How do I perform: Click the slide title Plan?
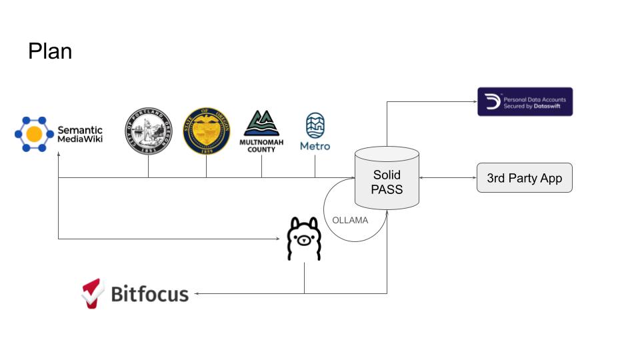pyautogui.click(x=50, y=51)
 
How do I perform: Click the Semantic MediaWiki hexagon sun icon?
pyautogui.click(x=34, y=133)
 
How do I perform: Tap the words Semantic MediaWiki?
pyautogui.click(x=80, y=135)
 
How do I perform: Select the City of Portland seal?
pyautogui.click(x=148, y=131)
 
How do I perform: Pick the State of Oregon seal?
pyautogui.click(x=206, y=131)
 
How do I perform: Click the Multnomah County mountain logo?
pyautogui.click(x=261, y=124)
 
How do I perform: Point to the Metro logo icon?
pyautogui.click(x=315, y=125)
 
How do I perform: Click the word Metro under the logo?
pyautogui.click(x=315, y=146)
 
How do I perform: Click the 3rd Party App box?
pyautogui.click(x=524, y=178)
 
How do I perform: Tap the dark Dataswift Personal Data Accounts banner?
pyautogui.click(x=525, y=102)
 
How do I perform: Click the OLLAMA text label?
pyautogui.click(x=350, y=220)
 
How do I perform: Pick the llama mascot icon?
pyautogui.click(x=304, y=239)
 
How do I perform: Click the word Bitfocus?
pyautogui.click(x=149, y=293)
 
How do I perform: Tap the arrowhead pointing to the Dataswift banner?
pyautogui.click(x=474, y=102)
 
